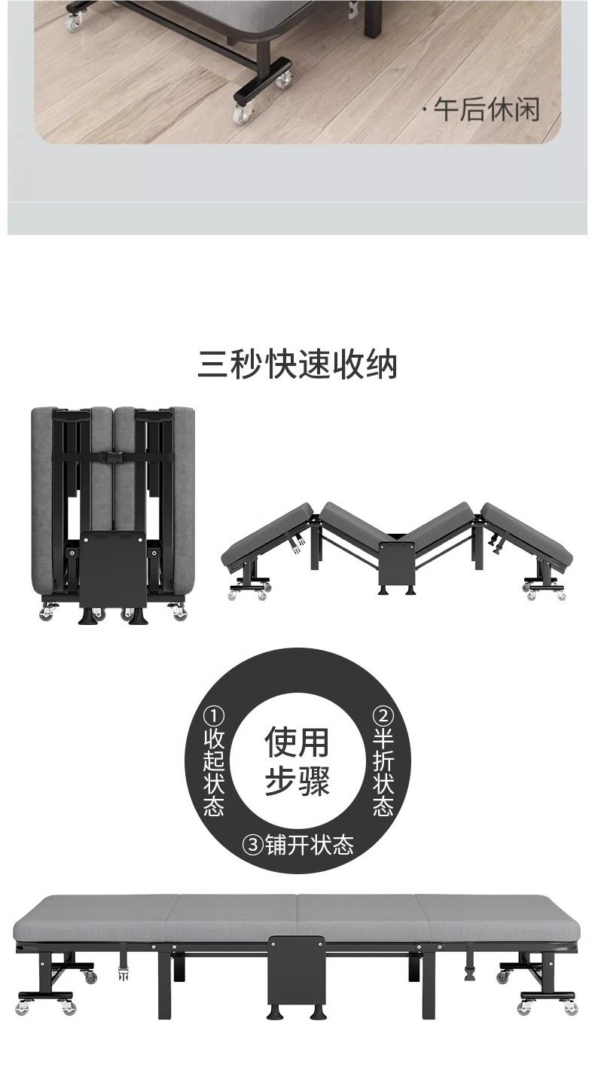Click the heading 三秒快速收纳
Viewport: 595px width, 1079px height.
[x=297, y=364]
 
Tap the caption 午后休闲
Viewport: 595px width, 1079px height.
[x=486, y=110]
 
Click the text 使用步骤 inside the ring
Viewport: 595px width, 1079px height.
[x=297, y=761]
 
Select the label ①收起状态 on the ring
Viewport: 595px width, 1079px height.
[x=214, y=761]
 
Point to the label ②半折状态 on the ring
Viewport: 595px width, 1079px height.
[x=383, y=761]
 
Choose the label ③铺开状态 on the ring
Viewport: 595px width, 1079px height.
[x=297, y=845]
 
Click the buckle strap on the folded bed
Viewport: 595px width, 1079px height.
[x=114, y=457]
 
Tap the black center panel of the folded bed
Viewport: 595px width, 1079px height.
[x=113, y=568]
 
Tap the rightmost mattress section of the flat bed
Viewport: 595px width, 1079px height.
[x=497, y=917]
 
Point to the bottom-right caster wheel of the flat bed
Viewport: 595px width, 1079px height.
[x=571, y=1008]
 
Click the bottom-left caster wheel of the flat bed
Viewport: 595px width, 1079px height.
[x=23, y=1008]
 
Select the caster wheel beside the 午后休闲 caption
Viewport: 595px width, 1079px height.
[x=243, y=114]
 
